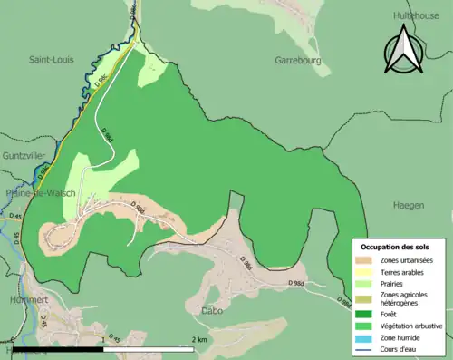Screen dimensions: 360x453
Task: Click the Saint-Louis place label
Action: (52, 60)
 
